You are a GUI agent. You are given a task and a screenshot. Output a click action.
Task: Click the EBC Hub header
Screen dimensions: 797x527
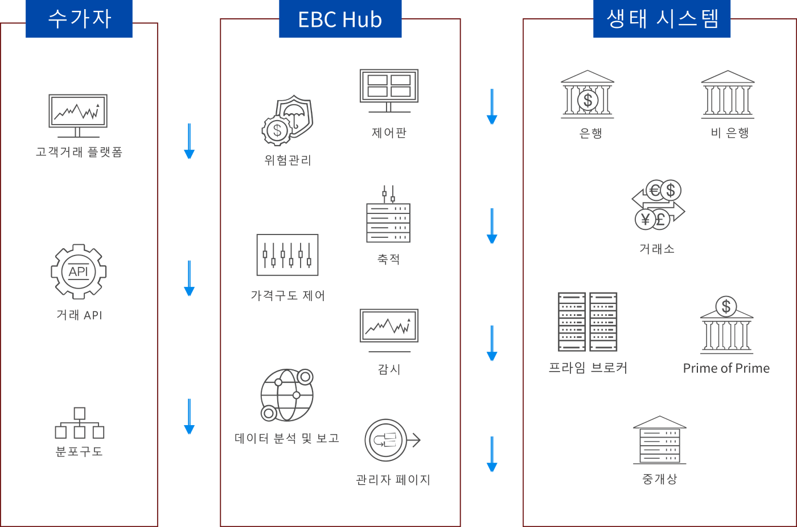[340, 18]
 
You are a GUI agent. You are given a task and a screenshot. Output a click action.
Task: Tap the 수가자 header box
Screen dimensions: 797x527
[79, 18]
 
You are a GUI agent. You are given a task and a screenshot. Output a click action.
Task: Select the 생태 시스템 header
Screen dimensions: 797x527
[662, 18]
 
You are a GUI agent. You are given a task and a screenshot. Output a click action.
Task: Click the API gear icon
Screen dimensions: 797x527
[79, 271]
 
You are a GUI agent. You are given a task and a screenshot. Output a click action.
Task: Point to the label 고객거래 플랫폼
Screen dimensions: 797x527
[79, 152]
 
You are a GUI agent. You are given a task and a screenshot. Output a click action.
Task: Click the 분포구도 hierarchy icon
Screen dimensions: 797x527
[79, 423]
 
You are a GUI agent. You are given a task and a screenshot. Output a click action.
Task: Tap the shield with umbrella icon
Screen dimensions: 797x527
[287, 120]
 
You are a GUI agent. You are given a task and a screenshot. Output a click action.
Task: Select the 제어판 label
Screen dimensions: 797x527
[389, 133]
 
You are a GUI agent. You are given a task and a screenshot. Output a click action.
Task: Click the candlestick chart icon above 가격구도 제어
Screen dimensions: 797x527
[287, 254]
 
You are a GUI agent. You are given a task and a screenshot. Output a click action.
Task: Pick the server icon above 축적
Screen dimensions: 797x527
[388, 214]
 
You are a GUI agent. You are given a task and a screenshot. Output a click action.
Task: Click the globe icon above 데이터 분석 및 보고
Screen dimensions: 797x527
[287, 395]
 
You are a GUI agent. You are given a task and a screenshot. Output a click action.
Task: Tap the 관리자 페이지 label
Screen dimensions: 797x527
[393, 480]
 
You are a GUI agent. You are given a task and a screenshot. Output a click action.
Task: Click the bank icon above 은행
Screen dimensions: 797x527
[588, 94]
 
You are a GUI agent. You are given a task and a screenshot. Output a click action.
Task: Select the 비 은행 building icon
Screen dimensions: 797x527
[728, 94]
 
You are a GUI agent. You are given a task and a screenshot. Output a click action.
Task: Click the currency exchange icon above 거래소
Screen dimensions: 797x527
[658, 204]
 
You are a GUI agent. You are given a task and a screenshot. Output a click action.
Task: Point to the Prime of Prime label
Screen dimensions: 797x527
[726, 368]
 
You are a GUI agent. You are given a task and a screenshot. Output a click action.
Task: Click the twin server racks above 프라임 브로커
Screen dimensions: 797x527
[588, 322]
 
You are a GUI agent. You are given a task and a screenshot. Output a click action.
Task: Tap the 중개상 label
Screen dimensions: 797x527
[659, 479]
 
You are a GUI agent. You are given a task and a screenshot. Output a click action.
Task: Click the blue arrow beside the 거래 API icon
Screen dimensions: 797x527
[189, 278]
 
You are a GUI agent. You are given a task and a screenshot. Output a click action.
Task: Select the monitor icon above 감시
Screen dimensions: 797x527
[389, 331]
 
